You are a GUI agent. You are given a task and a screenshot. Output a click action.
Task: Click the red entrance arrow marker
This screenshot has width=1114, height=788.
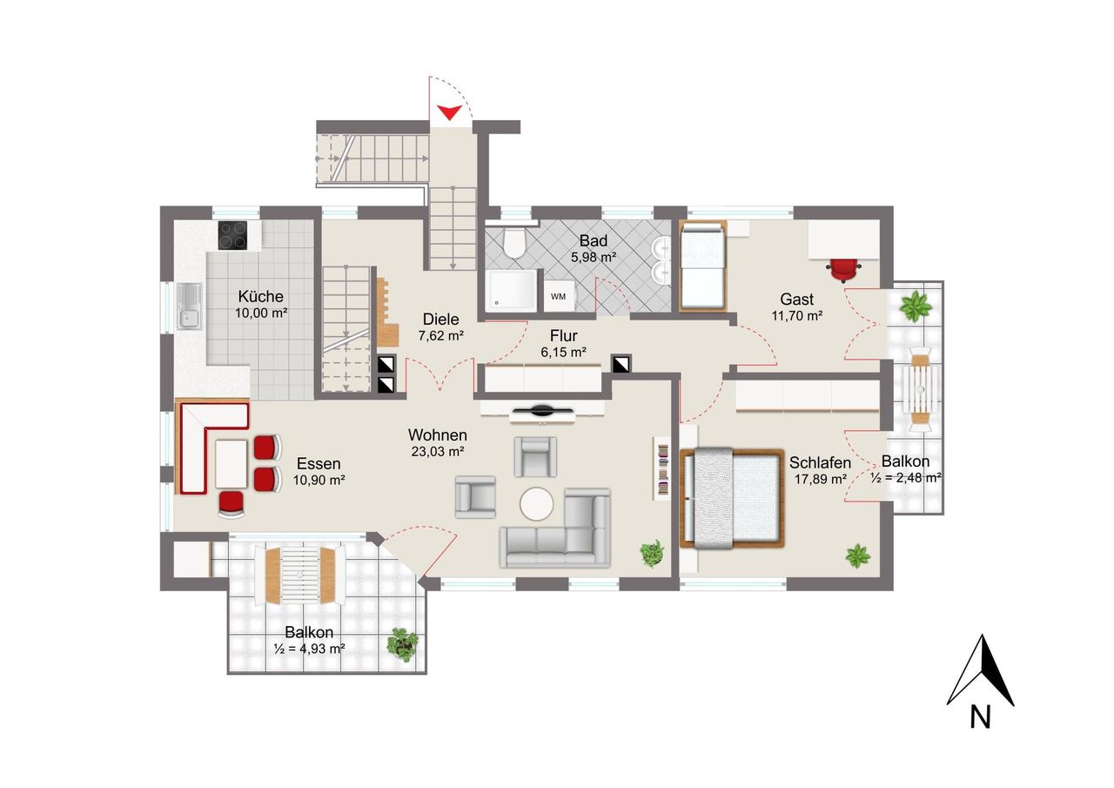click(450, 112)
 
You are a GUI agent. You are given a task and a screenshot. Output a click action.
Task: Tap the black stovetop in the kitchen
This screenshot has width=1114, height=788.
click(232, 235)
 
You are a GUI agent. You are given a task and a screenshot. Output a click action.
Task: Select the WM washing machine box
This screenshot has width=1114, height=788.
click(559, 297)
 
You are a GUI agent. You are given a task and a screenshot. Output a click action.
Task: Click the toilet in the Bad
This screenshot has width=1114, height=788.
click(513, 243)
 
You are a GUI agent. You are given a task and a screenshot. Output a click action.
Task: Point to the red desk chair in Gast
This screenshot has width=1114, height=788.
click(844, 270)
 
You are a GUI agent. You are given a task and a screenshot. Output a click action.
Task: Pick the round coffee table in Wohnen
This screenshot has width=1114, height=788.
click(537, 504)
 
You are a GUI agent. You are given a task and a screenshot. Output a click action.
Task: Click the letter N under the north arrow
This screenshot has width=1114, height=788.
click(980, 717)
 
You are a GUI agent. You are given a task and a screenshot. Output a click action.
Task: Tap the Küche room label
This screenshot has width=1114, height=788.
click(260, 297)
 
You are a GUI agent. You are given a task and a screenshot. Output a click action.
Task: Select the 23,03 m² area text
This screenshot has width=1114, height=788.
click(438, 452)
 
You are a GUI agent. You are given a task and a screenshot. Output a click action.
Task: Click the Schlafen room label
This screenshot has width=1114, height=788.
click(820, 462)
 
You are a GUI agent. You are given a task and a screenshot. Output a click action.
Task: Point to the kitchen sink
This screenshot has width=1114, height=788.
click(190, 306)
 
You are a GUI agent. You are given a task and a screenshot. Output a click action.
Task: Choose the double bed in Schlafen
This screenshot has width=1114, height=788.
click(732, 498)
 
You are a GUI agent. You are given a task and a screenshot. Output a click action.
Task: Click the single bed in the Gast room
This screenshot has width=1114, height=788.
click(703, 266)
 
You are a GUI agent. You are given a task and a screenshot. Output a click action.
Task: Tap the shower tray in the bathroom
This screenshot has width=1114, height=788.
click(511, 290)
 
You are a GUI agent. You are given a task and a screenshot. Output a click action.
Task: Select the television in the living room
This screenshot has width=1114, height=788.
click(542, 411)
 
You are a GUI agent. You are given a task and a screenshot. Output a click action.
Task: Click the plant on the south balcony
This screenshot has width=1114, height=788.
click(402, 644)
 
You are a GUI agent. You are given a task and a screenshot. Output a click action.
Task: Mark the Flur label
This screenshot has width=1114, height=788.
click(563, 336)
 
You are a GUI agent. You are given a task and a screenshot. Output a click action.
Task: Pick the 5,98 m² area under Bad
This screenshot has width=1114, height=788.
click(594, 258)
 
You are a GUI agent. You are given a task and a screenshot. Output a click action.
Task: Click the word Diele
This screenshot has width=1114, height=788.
click(440, 319)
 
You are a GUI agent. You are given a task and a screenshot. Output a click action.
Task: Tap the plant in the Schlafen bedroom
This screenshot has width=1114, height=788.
click(858, 556)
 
